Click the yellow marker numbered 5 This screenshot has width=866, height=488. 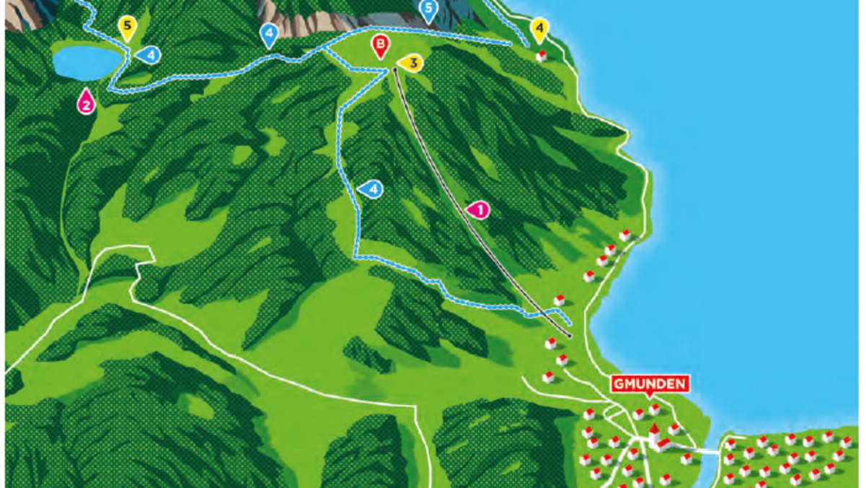(x=128, y=28)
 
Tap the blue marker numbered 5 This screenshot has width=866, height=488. (x=428, y=10)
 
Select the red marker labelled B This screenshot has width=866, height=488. (x=379, y=45)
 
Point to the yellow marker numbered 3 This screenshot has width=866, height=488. (x=411, y=64)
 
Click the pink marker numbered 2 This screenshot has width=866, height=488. (x=87, y=103)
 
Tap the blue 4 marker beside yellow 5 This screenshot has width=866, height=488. (x=149, y=54)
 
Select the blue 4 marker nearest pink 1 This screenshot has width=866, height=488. (x=371, y=189)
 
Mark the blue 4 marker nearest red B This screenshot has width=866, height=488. (x=269, y=34)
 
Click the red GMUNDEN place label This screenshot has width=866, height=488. (x=650, y=383)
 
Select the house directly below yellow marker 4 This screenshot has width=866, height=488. (x=541, y=56)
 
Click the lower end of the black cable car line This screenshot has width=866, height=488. (x=569, y=336)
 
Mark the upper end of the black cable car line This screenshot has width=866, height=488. (x=395, y=71)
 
